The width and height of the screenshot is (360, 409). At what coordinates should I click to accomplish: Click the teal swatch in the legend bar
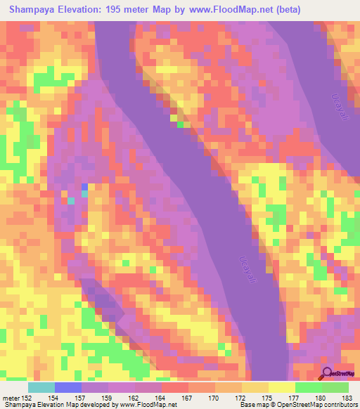41,387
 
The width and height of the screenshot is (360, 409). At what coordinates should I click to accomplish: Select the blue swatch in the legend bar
68,387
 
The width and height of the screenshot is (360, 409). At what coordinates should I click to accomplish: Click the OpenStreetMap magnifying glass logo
327,373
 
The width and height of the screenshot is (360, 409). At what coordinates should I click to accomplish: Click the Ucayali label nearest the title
326,105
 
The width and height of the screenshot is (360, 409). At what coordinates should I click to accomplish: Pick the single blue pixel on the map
84,187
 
